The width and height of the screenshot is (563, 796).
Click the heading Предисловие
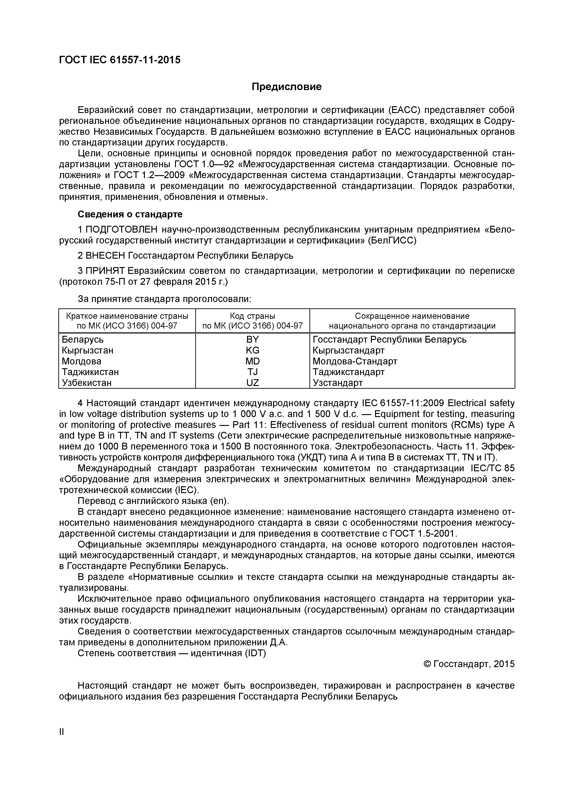click(286, 87)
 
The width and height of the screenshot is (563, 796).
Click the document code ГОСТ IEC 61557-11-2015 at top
click(120, 60)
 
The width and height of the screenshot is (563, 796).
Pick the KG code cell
click(252, 350)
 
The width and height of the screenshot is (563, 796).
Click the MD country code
click(252, 361)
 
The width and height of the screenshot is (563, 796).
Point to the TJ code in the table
click(252, 372)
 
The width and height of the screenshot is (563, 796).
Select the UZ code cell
click(252, 383)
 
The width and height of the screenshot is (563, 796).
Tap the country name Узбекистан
click(87, 383)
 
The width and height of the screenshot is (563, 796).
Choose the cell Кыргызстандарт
click(348, 350)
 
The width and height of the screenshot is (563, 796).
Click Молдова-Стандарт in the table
click(355, 361)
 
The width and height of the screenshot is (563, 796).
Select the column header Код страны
click(252, 316)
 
